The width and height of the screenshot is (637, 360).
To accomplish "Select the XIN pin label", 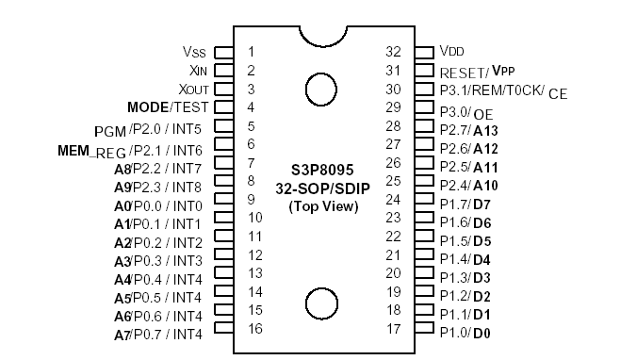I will coord(196,70).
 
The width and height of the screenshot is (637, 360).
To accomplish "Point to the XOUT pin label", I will coord(192,89).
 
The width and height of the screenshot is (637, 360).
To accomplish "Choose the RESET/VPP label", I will coord(477,71).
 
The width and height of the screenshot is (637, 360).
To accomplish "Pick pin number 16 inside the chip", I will coord(254,328).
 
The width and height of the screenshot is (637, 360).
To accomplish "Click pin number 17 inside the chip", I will coord(394,329).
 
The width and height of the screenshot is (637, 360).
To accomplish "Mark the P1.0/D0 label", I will coord(465,333).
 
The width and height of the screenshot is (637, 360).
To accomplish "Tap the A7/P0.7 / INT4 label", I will coord(158,335).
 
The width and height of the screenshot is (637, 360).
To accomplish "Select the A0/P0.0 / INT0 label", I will coord(158,205).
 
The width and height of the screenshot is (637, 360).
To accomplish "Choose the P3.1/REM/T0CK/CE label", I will coord(503,91).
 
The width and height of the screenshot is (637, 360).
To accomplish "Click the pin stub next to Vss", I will coord(224,52).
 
